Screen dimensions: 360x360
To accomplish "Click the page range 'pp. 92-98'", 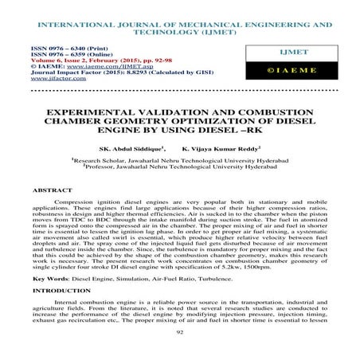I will [x=155, y=61].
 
